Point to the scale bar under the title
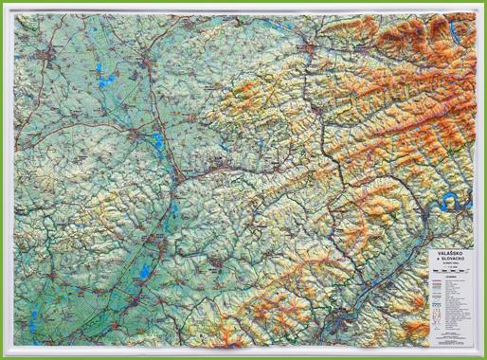pyautogui.click(x=446, y=272)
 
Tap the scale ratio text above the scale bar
pyautogui.click(x=446, y=267)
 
